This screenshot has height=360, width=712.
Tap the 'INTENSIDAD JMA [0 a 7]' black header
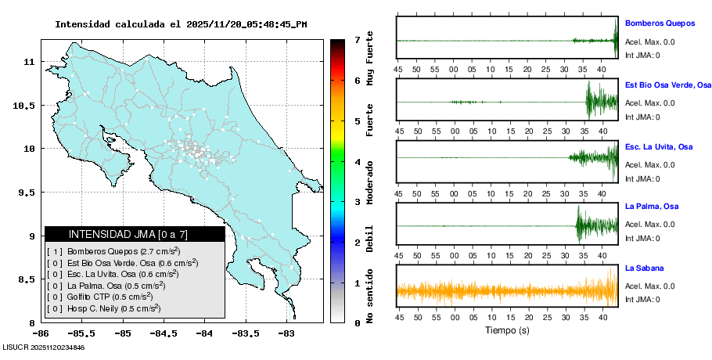[135, 234]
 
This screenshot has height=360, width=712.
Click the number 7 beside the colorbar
[357, 39]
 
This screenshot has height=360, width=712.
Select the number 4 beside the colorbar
[357, 162]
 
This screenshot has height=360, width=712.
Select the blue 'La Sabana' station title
[645, 268]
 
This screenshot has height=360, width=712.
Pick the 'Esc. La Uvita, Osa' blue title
[659, 146]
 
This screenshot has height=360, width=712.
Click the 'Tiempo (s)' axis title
[507, 330]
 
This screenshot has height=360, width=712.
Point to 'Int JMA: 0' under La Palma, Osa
[642, 238]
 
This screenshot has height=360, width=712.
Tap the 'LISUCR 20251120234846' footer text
[44, 347]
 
